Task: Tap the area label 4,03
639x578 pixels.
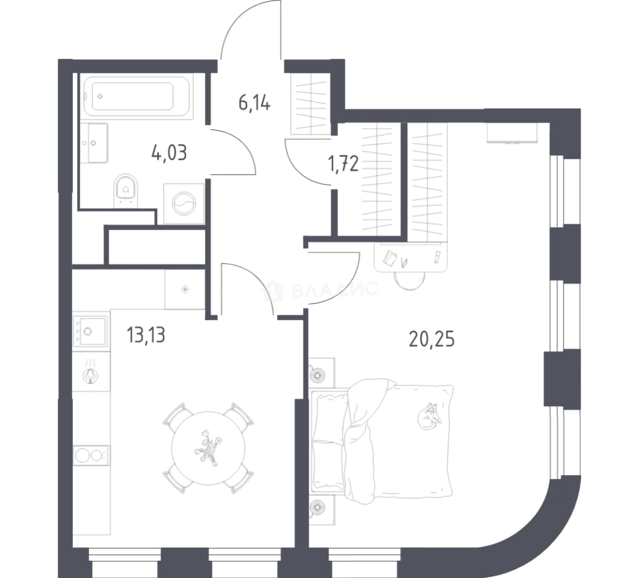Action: point(169,153)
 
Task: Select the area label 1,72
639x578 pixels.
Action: point(343,164)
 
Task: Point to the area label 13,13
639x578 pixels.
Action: point(146,335)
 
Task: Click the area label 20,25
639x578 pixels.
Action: point(431,339)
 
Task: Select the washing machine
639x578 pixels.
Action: point(184,203)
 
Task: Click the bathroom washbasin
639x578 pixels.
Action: point(94,143)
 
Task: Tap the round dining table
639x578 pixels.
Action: point(209,447)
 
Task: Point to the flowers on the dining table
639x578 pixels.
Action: point(209,447)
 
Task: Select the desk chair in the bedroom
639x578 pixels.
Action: point(409,280)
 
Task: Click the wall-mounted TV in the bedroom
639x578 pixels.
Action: point(512,133)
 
